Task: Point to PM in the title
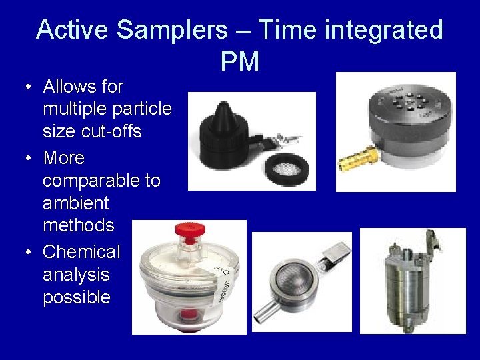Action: point(239,62)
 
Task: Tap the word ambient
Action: point(75,203)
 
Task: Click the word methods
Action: point(78,225)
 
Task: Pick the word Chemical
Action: point(81,252)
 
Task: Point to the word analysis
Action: point(75,275)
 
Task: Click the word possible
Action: point(77,297)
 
